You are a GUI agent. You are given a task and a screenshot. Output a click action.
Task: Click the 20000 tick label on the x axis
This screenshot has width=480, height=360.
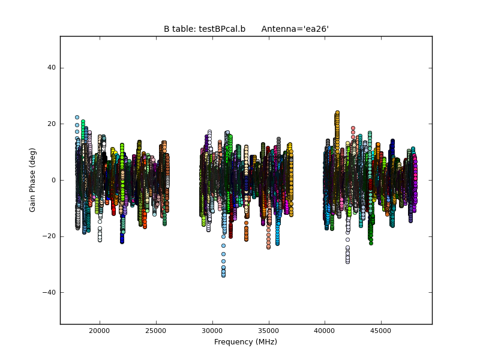[99, 330]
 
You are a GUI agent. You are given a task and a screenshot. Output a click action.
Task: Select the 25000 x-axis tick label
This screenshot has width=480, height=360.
[155, 330]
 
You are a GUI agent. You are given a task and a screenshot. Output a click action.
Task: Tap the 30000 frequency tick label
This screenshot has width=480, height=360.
[212, 330]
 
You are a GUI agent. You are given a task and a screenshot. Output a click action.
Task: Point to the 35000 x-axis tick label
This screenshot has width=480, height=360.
[268, 330]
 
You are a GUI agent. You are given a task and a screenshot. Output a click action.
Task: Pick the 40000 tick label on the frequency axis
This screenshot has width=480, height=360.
[325, 330]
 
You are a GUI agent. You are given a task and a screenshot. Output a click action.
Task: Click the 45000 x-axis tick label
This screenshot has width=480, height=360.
[381, 330]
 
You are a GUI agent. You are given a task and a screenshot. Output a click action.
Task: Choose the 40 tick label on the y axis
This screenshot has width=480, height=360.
[52, 68]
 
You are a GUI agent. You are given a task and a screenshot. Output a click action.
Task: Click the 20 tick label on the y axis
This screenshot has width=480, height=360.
[52, 124]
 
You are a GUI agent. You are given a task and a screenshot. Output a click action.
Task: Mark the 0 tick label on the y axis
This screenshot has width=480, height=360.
[53, 180]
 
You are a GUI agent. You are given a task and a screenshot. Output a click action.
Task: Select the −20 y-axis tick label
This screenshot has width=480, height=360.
[49, 236]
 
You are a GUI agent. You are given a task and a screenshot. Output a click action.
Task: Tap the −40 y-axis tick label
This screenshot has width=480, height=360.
[49, 292]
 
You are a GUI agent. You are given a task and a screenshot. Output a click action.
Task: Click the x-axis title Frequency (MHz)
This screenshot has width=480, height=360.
[245, 342]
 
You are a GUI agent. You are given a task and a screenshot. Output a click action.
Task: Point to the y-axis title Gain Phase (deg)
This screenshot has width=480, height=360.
[33, 180]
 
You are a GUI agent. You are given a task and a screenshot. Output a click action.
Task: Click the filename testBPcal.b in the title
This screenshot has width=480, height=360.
[222, 29]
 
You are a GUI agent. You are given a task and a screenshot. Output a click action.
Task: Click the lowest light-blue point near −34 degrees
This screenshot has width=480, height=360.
[223, 275]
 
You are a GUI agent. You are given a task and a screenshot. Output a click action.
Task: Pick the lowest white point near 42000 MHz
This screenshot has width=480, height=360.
[347, 262]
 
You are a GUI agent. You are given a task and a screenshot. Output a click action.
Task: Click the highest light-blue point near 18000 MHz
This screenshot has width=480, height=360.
[77, 118]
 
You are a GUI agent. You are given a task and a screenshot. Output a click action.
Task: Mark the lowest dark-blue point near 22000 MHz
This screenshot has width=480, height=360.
[122, 241]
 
